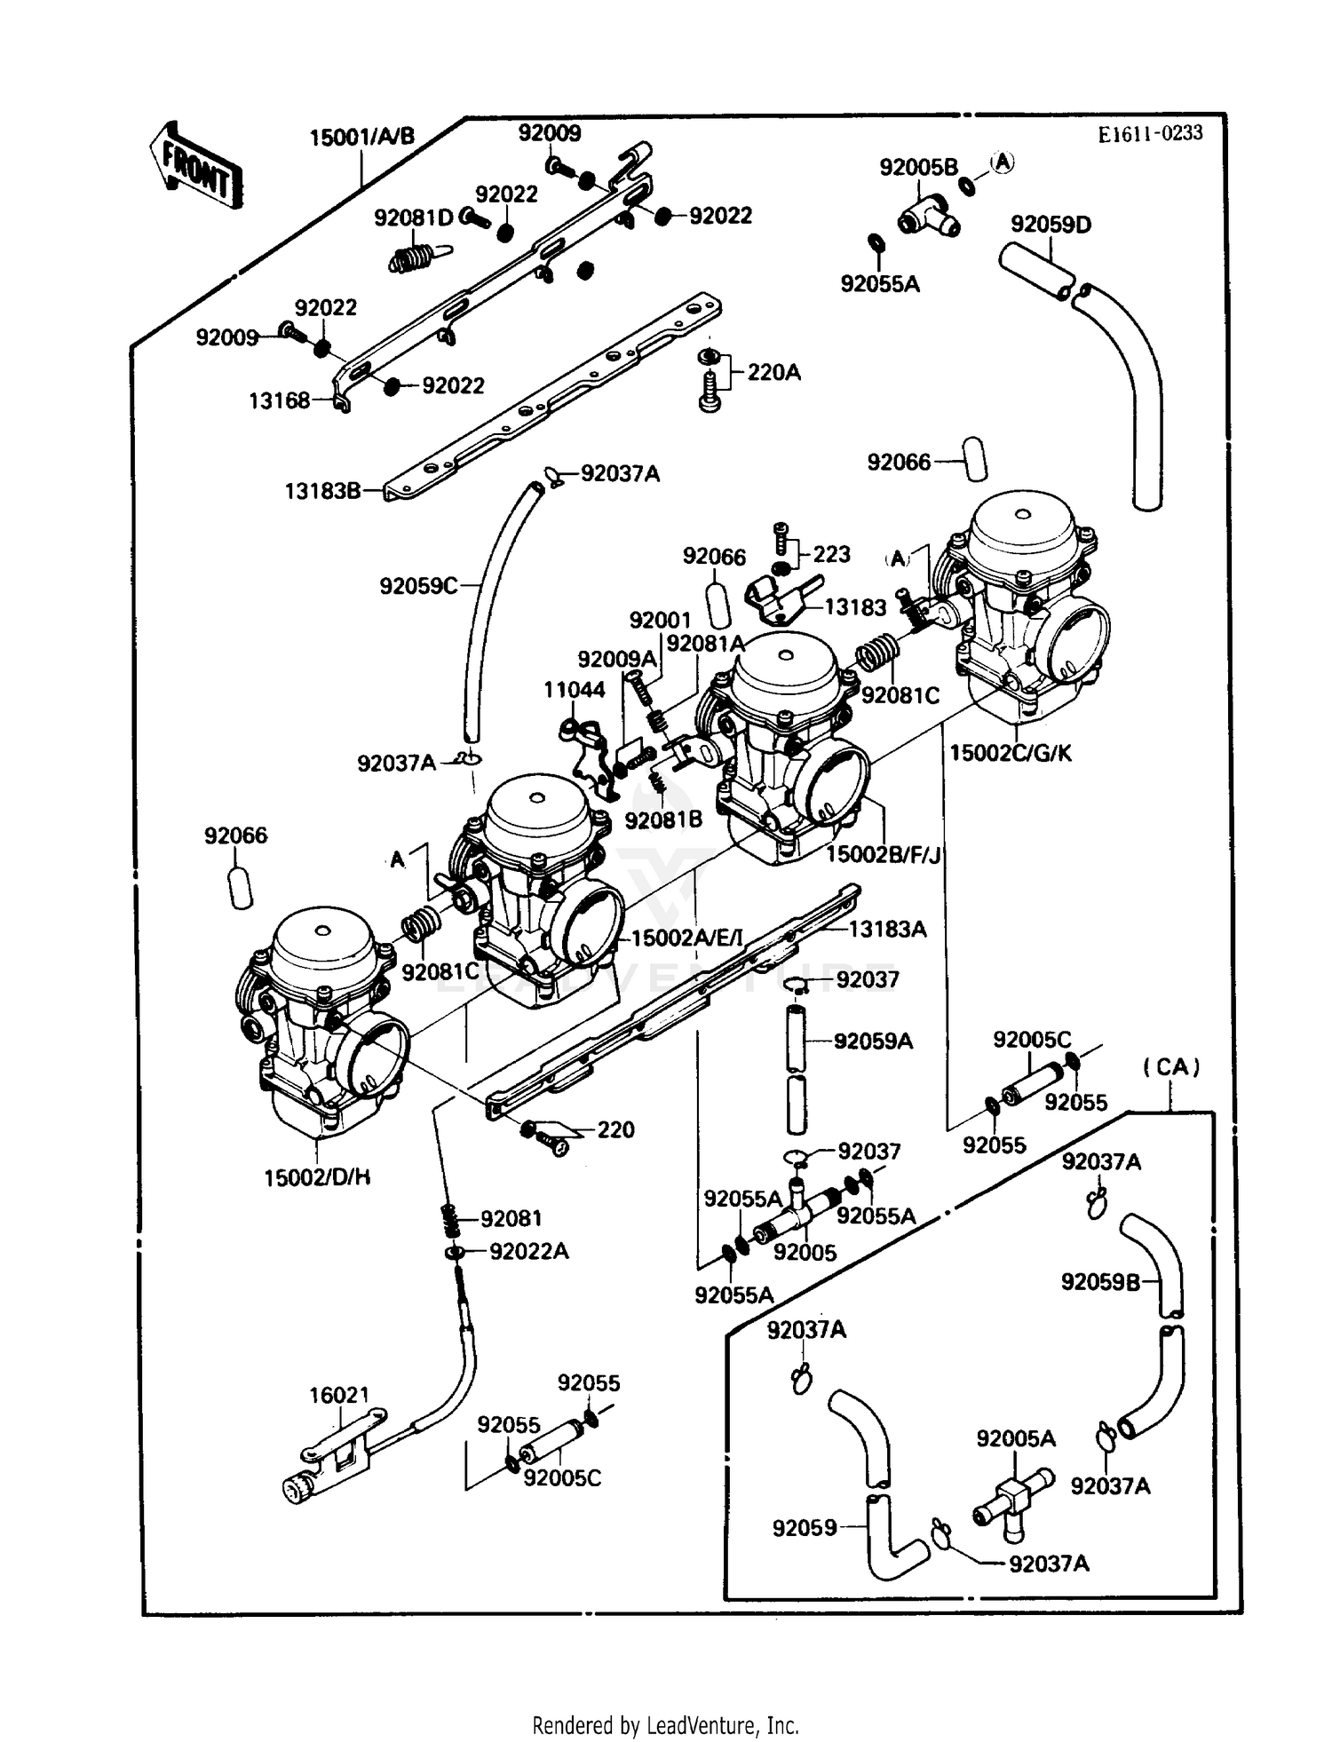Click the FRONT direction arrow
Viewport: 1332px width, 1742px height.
pos(195,166)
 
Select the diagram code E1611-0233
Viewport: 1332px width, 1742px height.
pos(1150,134)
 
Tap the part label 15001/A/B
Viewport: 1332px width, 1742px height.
pos(361,138)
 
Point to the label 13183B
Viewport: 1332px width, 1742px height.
pos(322,491)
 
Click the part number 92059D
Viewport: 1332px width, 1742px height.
pos(1051,225)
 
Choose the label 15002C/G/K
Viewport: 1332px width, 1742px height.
pos(1011,753)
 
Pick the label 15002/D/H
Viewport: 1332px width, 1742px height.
pos(317,1177)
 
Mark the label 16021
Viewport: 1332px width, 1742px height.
pos(338,1395)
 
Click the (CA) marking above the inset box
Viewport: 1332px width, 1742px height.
pos(1171,1066)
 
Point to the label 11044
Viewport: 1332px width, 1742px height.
pos(574,689)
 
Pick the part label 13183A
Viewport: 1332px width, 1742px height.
pos(887,929)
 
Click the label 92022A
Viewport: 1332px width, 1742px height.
pos(529,1251)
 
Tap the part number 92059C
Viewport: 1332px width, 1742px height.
pos(418,586)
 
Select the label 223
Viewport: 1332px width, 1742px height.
pos(831,554)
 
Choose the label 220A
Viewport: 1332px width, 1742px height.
pos(773,372)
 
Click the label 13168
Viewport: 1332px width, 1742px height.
pos(279,400)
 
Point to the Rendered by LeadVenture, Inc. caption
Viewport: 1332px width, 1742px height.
pos(665,1725)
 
